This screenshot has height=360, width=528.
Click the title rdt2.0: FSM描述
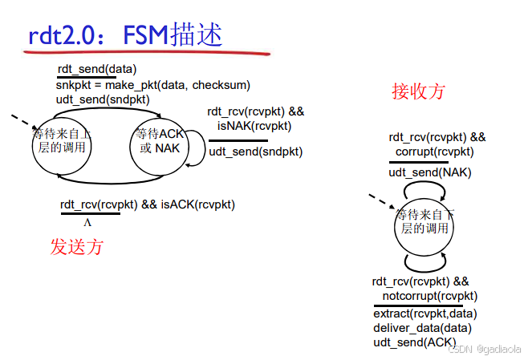pyautogui.click(x=125, y=35)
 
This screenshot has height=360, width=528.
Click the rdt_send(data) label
pyautogui.click(x=96, y=69)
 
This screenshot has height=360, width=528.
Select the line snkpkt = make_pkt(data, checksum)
pyautogui.click(x=152, y=84)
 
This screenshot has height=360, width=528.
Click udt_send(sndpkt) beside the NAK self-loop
pyautogui.click(x=256, y=152)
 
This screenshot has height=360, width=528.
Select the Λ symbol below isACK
pyautogui.click(x=87, y=222)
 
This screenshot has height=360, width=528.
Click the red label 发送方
pyautogui.click(x=77, y=246)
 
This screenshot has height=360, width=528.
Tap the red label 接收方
pyautogui.click(x=418, y=91)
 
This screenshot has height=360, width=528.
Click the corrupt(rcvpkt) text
pyautogui.click(x=434, y=152)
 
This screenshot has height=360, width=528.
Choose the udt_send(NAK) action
pyautogui.click(x=430, y=172)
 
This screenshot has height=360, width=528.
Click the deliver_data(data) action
pyautogui.click(x=422, y=327)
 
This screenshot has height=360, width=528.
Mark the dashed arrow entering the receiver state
pyautogui.click(x=382, y=201)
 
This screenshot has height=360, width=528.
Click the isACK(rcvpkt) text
pyautogui.click(x=197, y=204)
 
